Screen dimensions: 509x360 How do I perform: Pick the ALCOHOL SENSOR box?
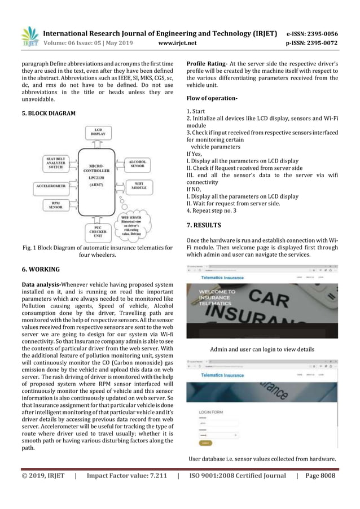(x=138, y=164)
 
